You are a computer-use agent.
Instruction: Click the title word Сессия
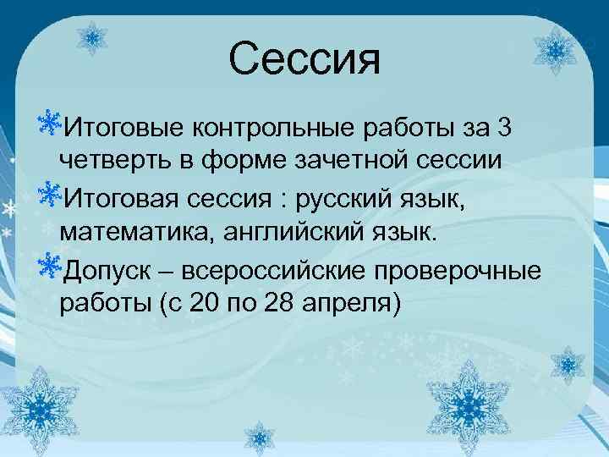(304, 59)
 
